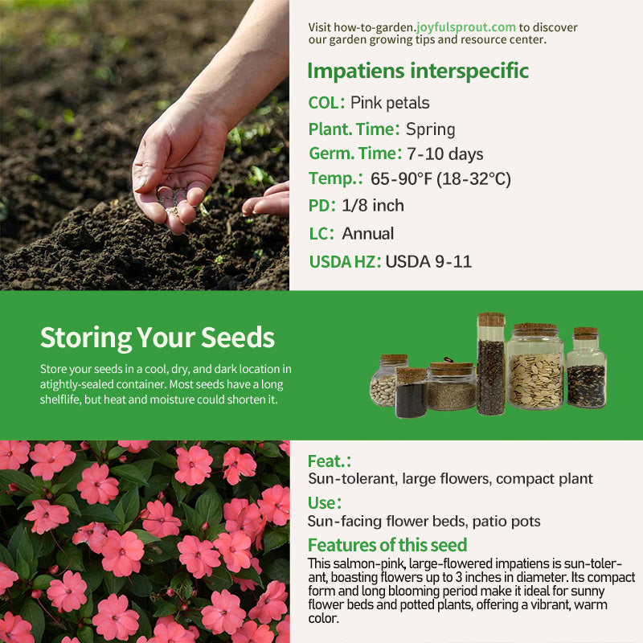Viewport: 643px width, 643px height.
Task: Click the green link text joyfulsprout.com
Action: [466, 27]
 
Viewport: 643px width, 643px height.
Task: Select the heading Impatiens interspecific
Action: [418, 71]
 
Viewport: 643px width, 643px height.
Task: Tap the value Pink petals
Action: [390, 103]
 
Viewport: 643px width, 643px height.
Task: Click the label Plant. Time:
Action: [354, 129]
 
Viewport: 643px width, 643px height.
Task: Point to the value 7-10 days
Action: [445, 154]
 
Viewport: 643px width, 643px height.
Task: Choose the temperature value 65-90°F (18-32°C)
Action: [440, 179]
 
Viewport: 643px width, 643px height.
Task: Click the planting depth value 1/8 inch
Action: [373, 206]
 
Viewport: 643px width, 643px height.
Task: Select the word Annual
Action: [368, 234]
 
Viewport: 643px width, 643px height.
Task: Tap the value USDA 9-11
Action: [428, 262]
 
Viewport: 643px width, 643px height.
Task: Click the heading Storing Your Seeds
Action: [158, 338]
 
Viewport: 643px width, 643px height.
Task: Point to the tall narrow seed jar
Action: [491, 364]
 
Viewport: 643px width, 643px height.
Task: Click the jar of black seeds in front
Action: [411, 393]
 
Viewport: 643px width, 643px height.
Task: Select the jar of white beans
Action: [384, 380]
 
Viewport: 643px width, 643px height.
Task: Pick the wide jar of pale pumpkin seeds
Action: [535, 367]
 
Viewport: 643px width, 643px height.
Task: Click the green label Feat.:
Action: [330, 461]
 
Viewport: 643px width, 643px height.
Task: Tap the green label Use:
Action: [325, 503]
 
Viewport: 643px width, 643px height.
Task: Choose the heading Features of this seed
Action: [387, 545]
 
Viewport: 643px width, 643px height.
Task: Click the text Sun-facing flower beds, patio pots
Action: [424, 521]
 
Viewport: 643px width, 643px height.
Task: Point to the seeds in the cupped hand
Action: [173, 199]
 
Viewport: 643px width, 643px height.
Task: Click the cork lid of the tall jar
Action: [491, 319]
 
